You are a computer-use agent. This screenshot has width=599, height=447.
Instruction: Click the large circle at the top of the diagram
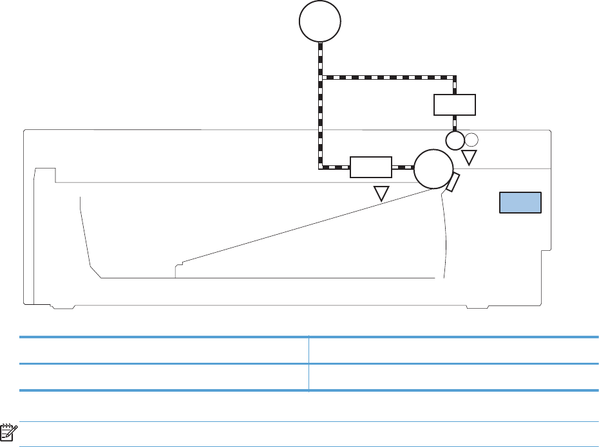tap(320, 23)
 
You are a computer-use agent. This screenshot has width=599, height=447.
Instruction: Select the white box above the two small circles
tap(455, 104)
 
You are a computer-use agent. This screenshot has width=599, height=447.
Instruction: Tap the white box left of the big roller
tap(370, 167)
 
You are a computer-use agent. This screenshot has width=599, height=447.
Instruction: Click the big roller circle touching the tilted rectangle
tap(433, 168)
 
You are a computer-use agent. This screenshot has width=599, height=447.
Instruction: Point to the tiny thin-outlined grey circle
tap(471, 139)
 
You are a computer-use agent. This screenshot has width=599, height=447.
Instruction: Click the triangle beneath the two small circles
tap(470, 157)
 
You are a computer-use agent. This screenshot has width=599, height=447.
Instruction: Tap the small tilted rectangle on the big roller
tap(453, 183)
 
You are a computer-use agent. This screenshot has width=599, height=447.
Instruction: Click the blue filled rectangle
tap(521, 202)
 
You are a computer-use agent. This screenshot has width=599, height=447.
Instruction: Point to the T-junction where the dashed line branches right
tap(320, 77)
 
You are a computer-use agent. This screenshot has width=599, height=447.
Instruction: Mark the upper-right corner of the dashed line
tap(455, 77)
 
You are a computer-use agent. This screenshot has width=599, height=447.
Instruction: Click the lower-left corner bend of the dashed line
tap(320, 167)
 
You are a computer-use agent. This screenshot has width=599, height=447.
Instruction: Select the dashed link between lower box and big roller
tap(403, 167)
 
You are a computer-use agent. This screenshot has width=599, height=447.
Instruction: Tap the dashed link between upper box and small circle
tap(455, 123)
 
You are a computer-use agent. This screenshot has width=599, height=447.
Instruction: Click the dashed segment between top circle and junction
tap(320, 59)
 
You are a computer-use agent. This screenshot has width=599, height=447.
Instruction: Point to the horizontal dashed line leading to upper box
tap(386, 77)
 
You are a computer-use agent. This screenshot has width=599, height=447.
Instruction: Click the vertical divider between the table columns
tap(308, 363)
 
